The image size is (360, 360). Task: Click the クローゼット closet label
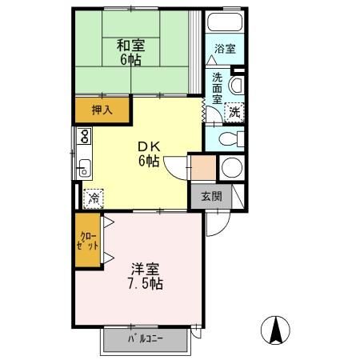(89, 240)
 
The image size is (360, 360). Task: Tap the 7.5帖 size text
(144, 284)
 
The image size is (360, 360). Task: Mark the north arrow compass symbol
(276, 329)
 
